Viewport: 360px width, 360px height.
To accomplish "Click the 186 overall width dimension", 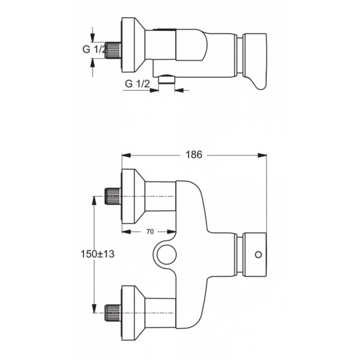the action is coord(194,155).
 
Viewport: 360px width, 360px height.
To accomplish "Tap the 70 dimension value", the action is coord(150,232).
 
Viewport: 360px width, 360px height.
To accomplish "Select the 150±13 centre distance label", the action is coord(98,254).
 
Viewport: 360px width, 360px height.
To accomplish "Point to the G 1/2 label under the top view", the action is coord(137,84).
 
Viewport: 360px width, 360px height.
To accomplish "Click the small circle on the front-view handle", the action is coord(258,255).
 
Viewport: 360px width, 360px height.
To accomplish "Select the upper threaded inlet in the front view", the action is coord(112,196).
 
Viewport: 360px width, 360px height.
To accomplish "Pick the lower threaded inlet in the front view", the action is coord(112,313).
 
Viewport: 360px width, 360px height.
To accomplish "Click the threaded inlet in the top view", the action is coord(112,50).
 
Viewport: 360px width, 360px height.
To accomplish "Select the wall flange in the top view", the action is coord(133,45).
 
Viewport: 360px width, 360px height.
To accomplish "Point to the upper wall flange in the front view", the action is coord(133,196).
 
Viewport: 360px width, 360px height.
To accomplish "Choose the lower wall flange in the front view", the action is coord(133,313).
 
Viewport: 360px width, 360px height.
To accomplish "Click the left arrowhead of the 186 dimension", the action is coord(126,155).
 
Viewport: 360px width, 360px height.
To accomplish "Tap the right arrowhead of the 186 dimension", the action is coord(262,155).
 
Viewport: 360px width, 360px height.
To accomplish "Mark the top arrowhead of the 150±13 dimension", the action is coord(94,200).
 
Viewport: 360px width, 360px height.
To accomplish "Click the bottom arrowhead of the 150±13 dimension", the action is coord(94,309).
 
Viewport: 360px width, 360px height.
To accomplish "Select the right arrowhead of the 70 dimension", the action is coord(172,232).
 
